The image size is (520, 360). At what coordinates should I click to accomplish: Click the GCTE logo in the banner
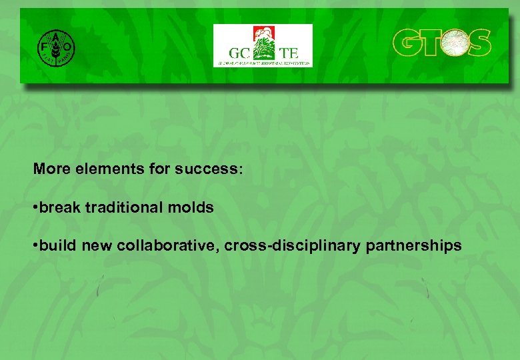[x=262, y=45]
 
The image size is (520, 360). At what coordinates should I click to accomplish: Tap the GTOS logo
[x=441, y=43]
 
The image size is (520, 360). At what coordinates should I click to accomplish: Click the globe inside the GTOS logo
[x=453, y=43]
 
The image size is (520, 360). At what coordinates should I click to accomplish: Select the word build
[x=59, y=246]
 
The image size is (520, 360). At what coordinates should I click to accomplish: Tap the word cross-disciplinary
[x=293, y=246]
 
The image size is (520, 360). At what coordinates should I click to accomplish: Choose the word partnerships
[x=413, y=246]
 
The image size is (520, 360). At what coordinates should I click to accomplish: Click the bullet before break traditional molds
[x=36, y=208]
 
